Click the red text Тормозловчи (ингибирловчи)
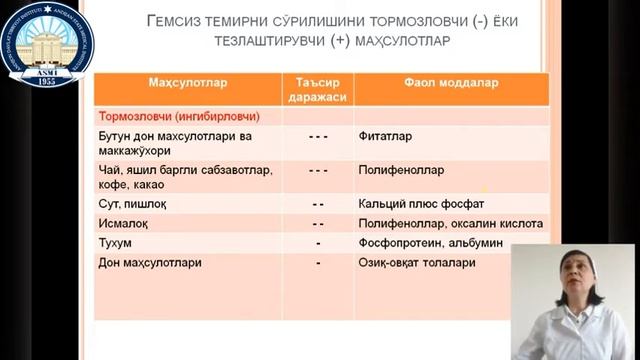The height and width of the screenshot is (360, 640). click(169, 115)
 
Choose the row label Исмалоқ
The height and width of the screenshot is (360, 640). click(124, 223)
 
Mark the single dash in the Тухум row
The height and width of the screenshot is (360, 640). click(317, 243)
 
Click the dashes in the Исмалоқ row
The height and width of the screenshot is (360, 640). click(318, 223)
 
